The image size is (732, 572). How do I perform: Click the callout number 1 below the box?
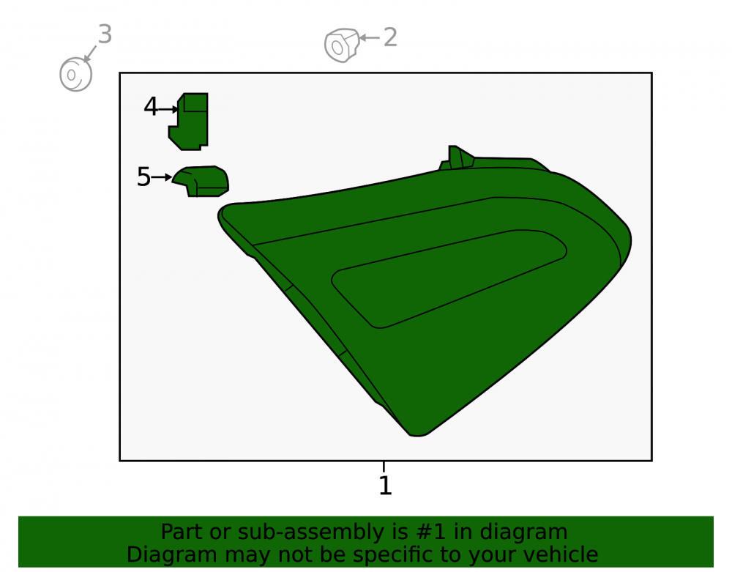point(385,486)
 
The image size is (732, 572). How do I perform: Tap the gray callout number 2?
point(390,37)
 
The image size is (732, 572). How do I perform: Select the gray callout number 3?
point(105,34)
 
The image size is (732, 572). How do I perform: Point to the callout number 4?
point(150,106)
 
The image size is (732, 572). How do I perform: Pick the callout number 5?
point(143,177)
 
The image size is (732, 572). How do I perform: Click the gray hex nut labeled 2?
point(342,45)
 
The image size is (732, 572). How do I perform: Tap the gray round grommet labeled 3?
point(75,74)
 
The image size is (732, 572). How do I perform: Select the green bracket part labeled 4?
point(189,122)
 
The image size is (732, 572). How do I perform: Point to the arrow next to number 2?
point(370,38)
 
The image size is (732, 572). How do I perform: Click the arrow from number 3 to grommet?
point(89,53)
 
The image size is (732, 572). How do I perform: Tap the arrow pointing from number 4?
point(168,109)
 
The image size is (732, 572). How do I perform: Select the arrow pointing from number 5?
point(162,177)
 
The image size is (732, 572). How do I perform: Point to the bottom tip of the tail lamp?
point(418,436)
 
